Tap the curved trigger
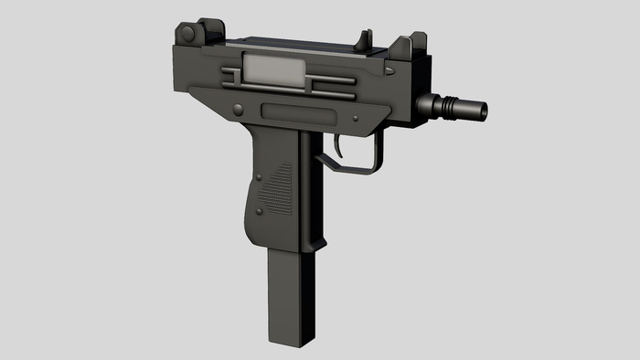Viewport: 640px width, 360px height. point(341,146)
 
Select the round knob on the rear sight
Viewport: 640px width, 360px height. point(187,34)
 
